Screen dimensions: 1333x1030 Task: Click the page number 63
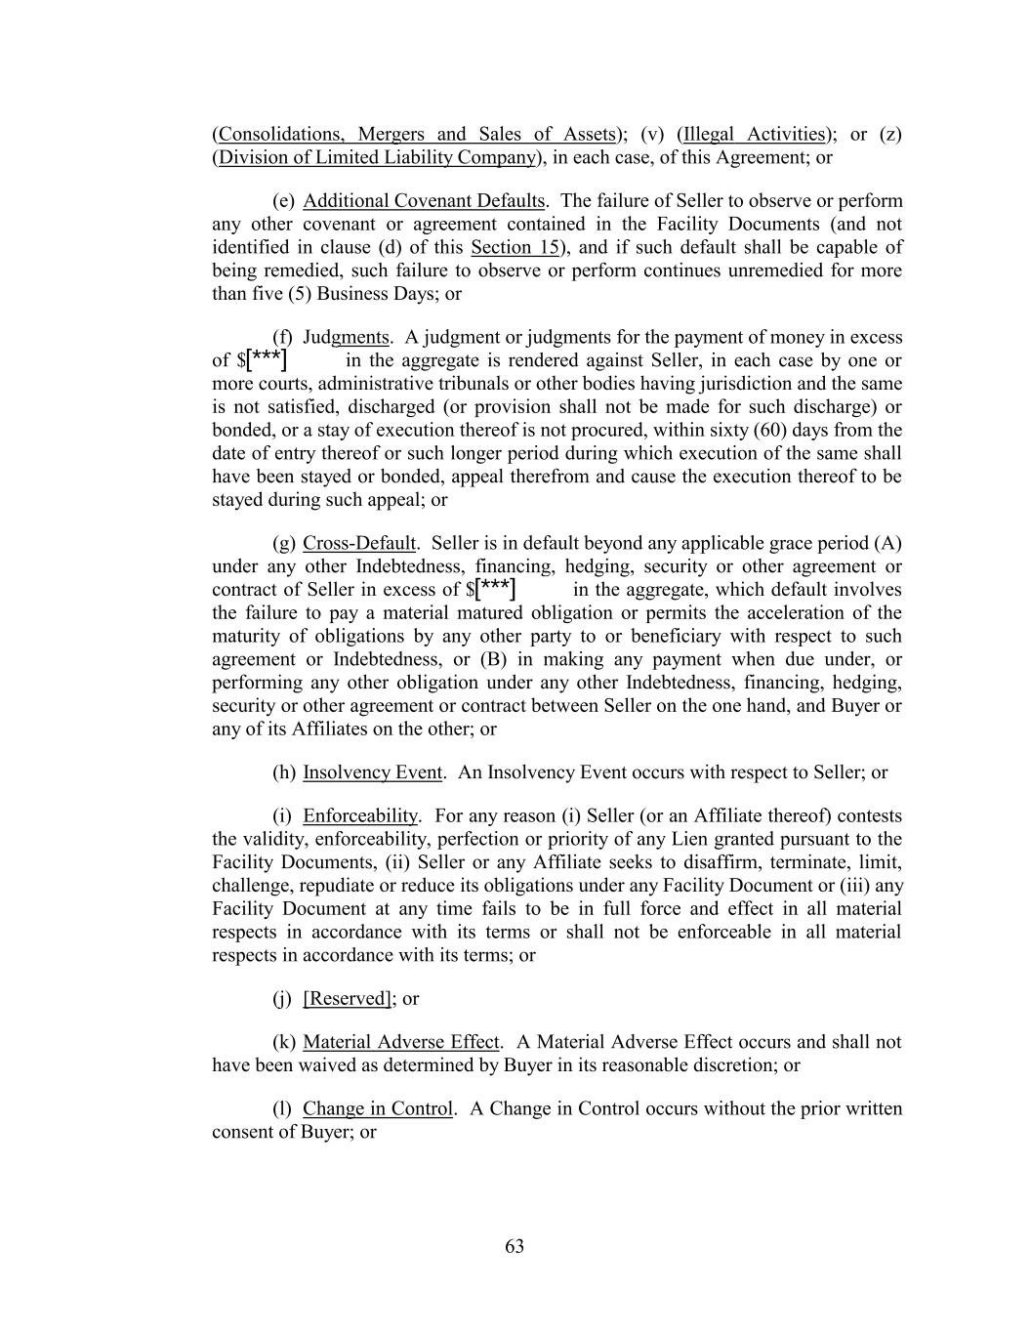point(515,1246)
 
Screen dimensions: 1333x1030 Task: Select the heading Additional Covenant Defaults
point(424,201)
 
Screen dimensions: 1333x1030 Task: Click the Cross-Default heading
point(359,543)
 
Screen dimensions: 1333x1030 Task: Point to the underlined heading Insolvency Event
point(372,772)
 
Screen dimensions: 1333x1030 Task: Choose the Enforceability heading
point(360,815)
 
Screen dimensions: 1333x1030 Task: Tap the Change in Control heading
point(377,1108)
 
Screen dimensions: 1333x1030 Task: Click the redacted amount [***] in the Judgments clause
point(267,360)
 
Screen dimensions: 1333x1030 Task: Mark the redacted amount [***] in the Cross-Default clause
point(495,589)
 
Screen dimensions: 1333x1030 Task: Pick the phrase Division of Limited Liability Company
point(377,157)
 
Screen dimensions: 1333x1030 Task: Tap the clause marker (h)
point(284,772)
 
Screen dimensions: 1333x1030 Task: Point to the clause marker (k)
point(284,1042)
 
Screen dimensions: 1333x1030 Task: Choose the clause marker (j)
point(284,998)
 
